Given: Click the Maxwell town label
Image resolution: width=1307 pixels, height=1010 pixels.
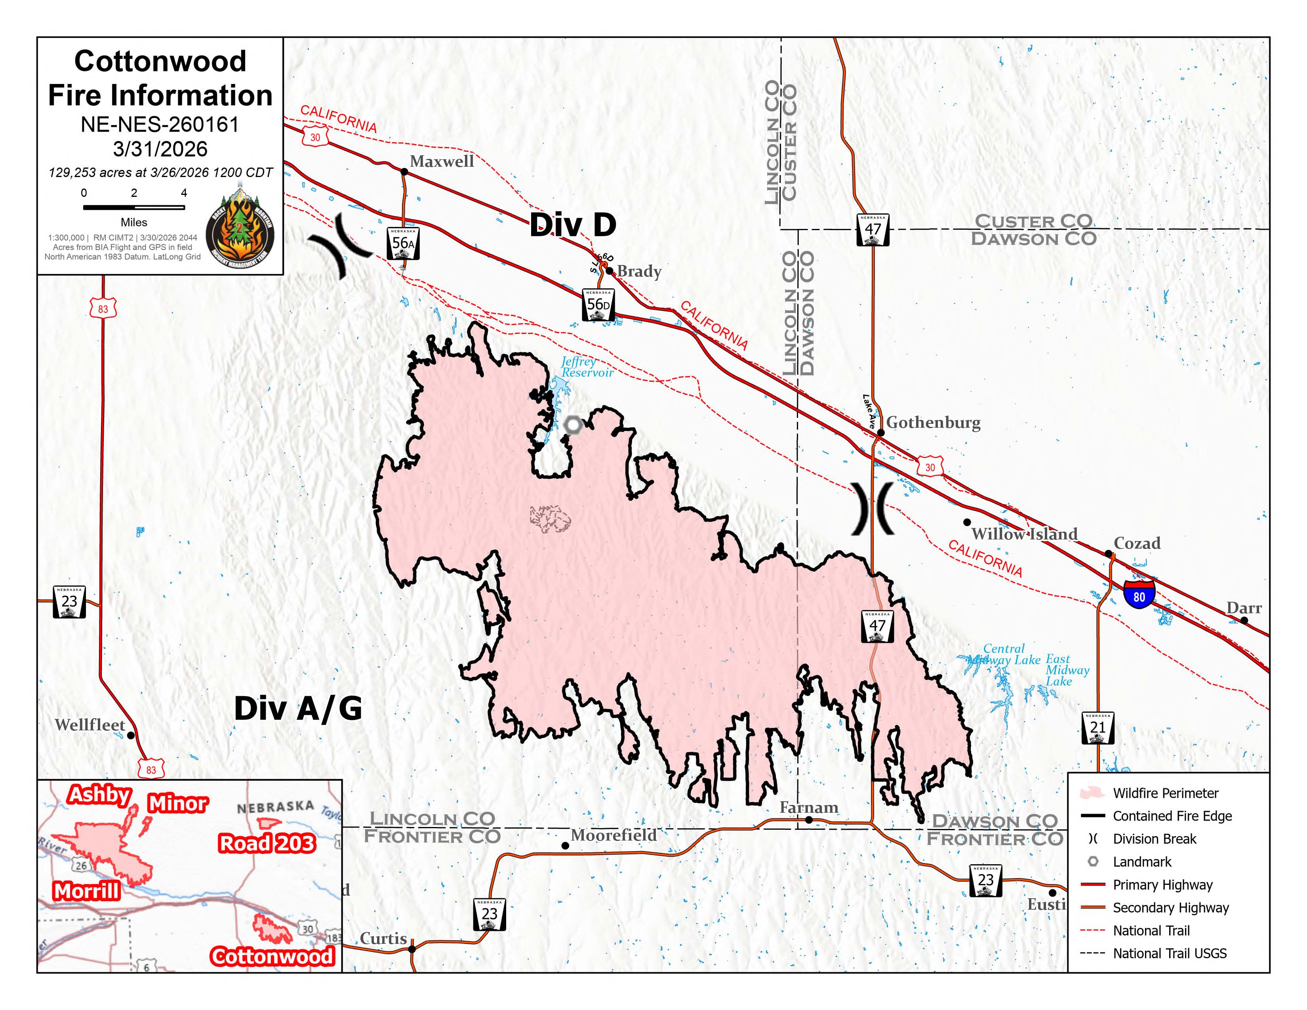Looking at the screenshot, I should click(441, 161).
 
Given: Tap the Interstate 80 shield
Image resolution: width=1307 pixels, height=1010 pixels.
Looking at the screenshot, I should click(1138, 595).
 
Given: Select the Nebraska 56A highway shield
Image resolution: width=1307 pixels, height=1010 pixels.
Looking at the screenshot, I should click(403, 243).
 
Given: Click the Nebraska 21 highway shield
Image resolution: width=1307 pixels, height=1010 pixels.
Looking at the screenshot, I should click(1097, 728).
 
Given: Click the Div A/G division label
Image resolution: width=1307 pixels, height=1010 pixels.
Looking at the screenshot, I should click(298, 709).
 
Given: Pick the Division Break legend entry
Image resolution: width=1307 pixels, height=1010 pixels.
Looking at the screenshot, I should click(1153, 839).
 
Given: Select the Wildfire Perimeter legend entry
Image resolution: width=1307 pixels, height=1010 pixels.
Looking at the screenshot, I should click(1164, 793).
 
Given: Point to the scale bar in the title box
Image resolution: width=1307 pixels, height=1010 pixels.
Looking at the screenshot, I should click(133, 207).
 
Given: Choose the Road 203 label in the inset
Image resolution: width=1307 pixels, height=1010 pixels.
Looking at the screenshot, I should click(266, 843).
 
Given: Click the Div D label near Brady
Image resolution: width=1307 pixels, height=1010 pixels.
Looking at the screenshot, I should click(573, 225).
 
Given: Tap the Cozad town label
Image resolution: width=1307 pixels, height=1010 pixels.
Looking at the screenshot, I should click(1136, 543).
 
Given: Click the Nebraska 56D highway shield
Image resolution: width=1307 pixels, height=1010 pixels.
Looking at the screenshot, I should click(598, 305).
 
